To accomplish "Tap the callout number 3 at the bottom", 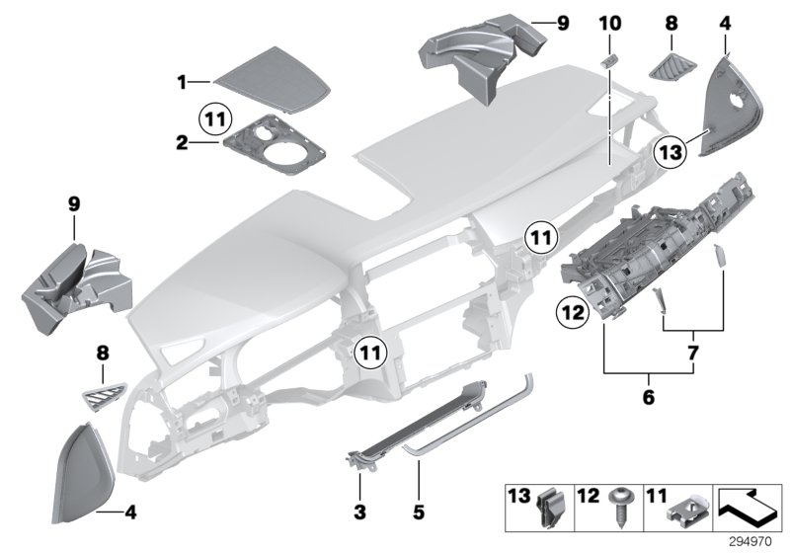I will [x=359, y=513].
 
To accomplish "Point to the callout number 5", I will [x=418, y=513].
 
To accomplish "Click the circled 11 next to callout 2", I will [x=217, y=119].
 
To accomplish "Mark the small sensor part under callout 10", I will [x=608, y=60].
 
